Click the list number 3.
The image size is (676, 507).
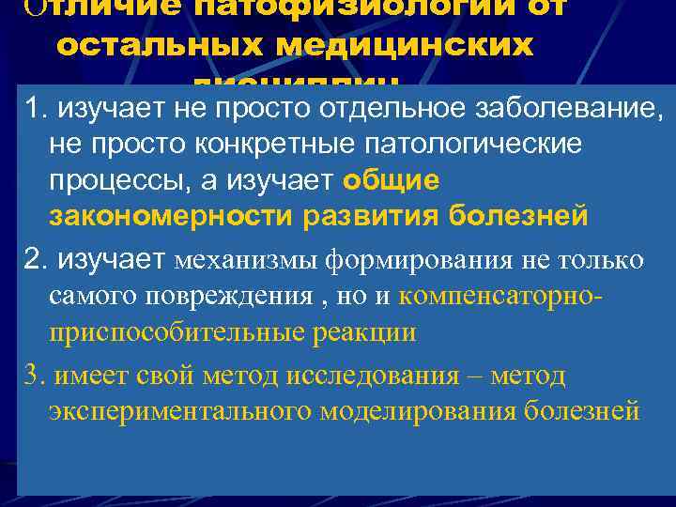click(35, 376)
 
